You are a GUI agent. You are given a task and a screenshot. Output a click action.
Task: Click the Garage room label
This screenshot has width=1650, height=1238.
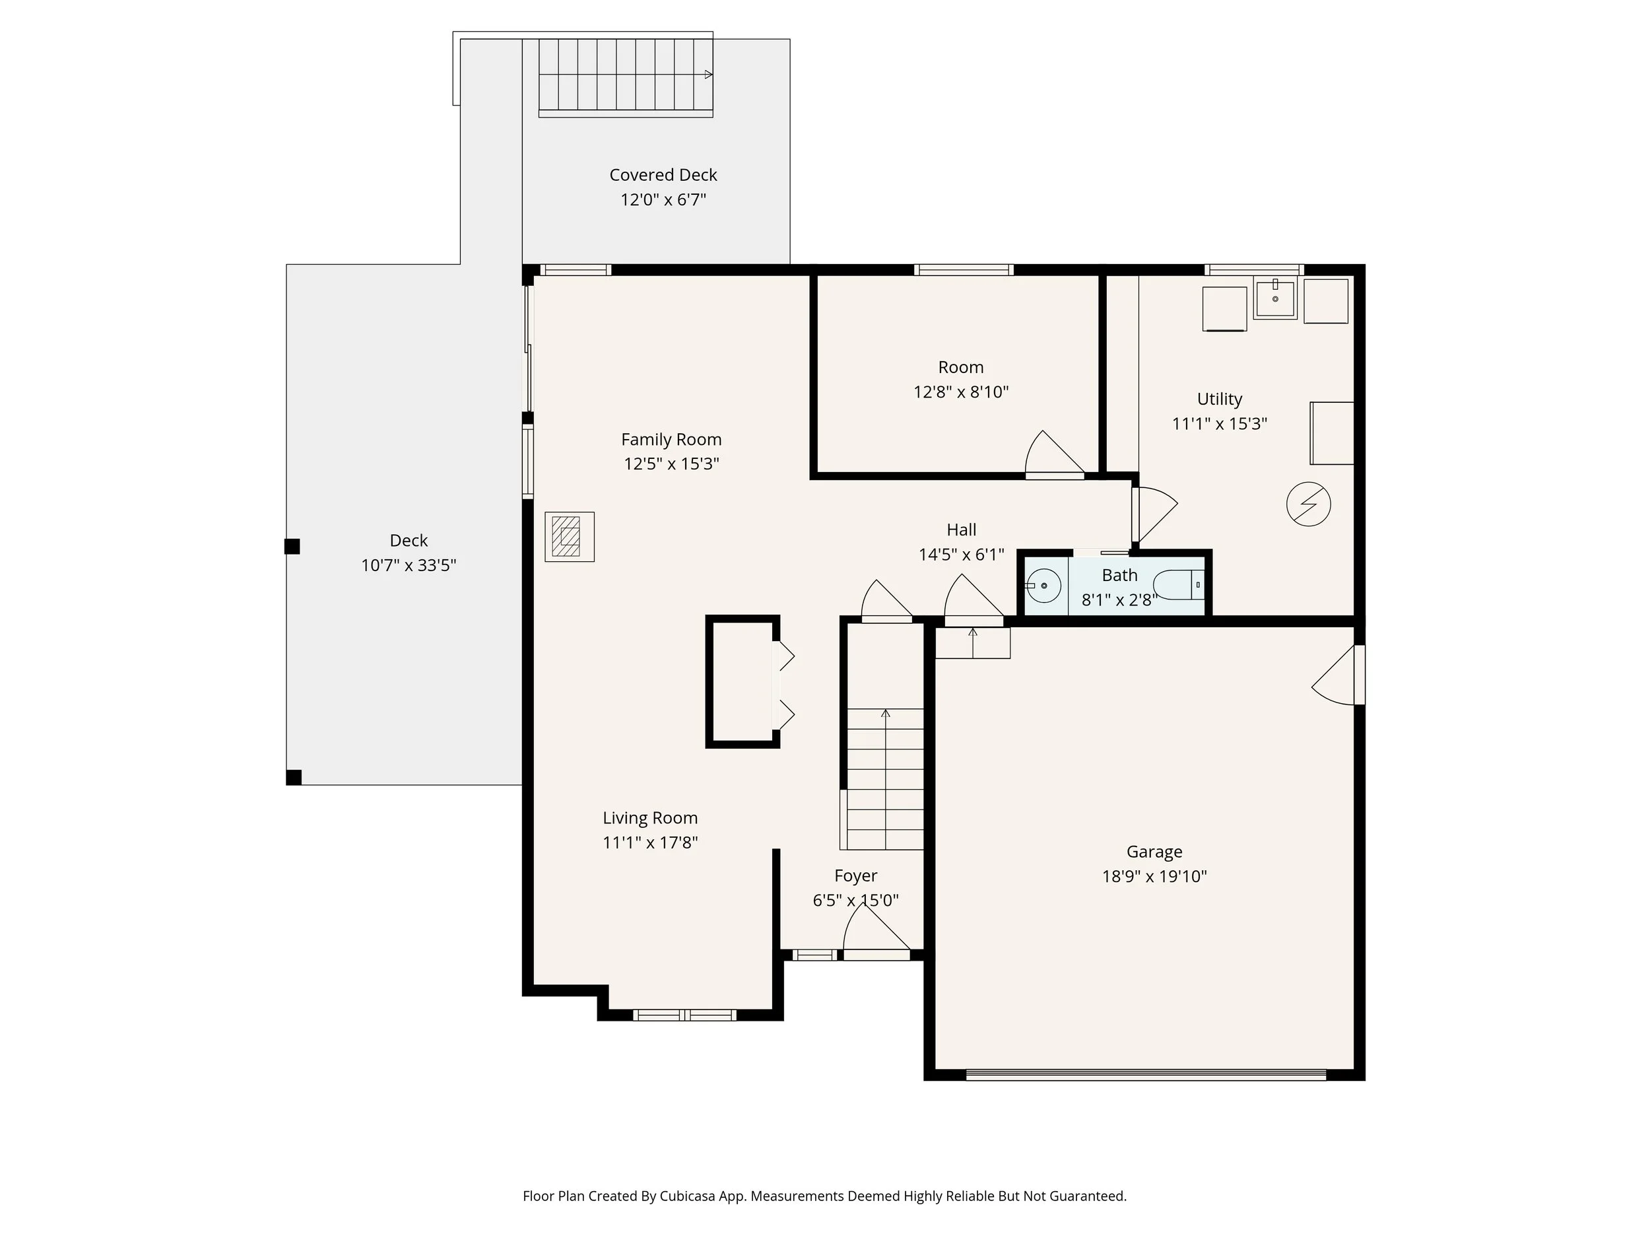click(x=1154, y=852)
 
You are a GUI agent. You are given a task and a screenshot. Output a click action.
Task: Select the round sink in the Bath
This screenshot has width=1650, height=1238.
click(x=1043, y=585)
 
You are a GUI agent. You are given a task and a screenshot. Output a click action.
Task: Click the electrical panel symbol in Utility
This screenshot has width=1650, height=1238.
click(x=1308, y=504)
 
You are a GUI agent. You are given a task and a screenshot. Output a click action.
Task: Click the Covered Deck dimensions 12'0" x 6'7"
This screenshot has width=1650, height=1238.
click(x=663, y=199)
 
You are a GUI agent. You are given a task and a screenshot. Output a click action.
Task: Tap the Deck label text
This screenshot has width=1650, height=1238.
click(x=409, y=540)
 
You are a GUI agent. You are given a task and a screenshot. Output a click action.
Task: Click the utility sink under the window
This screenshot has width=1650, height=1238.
click(x=1275, y=298)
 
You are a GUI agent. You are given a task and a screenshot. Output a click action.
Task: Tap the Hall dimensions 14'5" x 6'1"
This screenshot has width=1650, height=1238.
click(x=961, y=555)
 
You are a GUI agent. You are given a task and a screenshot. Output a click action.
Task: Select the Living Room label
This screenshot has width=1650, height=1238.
click(x=649, y=818)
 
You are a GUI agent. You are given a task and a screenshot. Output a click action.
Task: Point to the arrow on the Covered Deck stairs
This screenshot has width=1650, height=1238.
click(x=708, y=75)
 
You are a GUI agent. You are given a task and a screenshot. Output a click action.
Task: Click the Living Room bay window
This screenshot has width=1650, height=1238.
click(x=684, y=1015)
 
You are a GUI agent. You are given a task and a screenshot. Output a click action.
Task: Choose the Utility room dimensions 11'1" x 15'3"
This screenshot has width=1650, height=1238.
click(x=1219, y=424)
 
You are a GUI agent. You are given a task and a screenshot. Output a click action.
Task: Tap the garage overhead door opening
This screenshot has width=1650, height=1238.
click(x=1145, y=1076)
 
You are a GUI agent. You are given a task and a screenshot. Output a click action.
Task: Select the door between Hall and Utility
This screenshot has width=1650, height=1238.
click(x=1152, y=514)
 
